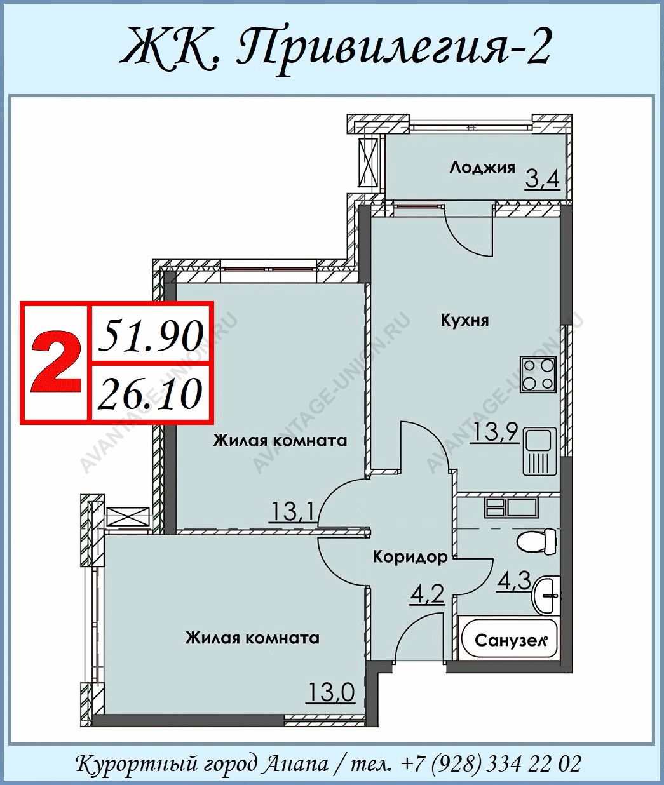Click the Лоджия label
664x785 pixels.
coord(482,168)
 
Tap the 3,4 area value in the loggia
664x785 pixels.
coord(543,180)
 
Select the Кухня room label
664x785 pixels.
coord(465,320)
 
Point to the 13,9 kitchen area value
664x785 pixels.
coord(495,432)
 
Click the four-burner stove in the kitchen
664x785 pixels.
coord(538,374)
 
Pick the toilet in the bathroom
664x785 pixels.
coord(537,540)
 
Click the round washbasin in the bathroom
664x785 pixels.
coord(546,596)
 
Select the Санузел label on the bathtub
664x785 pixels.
coord(511,641)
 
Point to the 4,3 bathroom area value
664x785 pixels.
coord(513,580)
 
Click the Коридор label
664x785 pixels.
coord(410,557)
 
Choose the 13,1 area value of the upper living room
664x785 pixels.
coord(292,513)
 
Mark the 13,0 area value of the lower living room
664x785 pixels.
coord(331,692)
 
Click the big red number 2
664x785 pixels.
coord(56,361)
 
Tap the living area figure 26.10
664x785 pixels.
coord(150,394)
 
